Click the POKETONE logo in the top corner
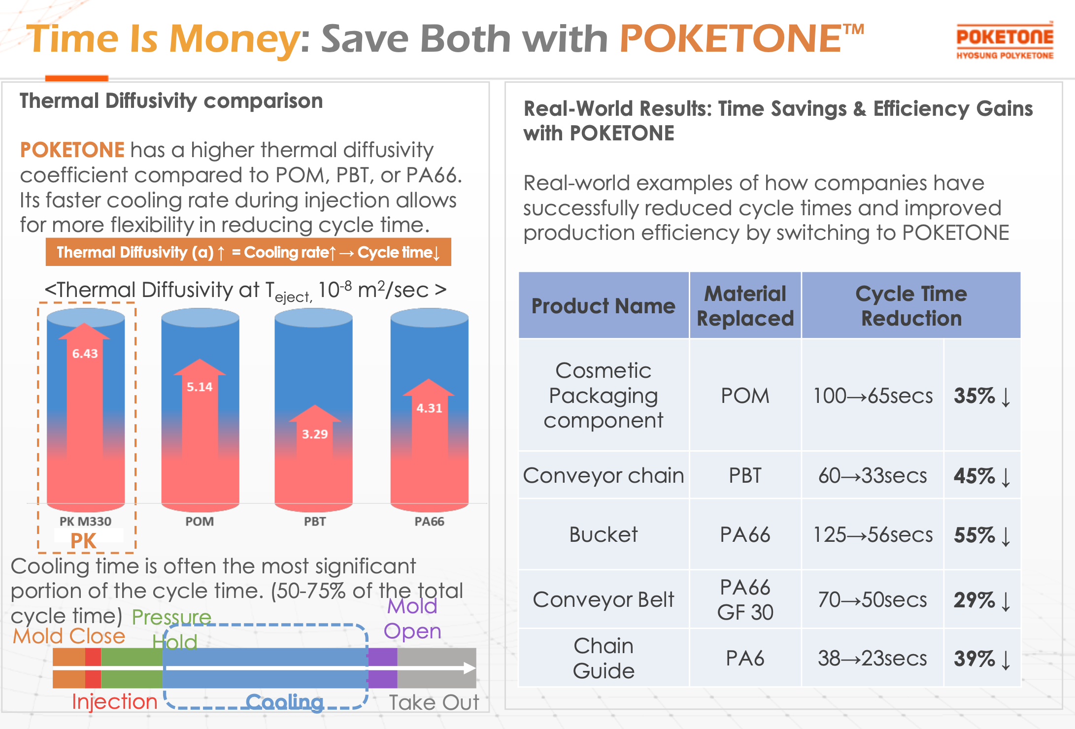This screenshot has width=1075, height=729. point(1005,41)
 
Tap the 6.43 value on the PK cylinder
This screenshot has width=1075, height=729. point(85,354)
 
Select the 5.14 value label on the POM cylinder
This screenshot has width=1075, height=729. point(200,387)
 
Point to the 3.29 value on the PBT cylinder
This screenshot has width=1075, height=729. point(315,434)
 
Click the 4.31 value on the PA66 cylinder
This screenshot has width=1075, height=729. point(429,408)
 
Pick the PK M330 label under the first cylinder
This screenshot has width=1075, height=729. point(85,521)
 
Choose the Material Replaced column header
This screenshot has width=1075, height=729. point(745,306)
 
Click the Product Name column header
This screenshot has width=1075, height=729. point(604,306)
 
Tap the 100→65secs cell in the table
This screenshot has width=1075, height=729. point(873,396)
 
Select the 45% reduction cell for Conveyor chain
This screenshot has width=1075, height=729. point(982,476)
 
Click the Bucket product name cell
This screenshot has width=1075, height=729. point(604,534)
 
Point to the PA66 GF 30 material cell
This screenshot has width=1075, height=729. point(745,599)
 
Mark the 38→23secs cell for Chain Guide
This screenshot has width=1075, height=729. point(873,658)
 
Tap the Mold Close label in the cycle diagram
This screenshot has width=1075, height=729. point(69,636)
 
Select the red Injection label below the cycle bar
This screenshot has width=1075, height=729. point(114,701)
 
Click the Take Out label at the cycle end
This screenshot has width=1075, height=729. point(434,702)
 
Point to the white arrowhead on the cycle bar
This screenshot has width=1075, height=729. point(470,668)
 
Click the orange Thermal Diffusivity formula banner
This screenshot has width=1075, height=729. point(248,252)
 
